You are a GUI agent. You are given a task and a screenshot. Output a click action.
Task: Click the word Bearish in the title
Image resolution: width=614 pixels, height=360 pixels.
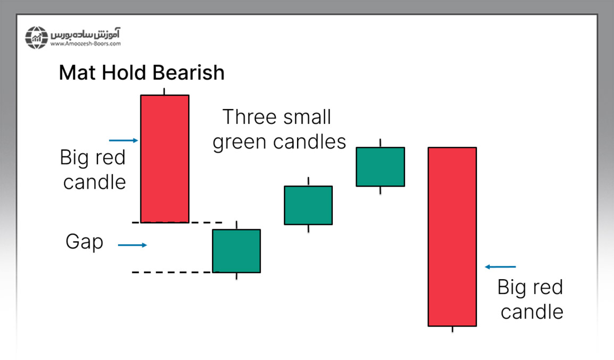[x=188, y=72]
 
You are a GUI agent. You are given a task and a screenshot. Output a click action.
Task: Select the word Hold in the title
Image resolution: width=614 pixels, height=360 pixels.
[x=124, y=72]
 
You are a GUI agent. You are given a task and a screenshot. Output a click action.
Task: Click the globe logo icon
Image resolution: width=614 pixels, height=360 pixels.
[x=37, y=38]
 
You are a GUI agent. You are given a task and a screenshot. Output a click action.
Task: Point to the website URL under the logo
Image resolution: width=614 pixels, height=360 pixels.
[x=86, y=44]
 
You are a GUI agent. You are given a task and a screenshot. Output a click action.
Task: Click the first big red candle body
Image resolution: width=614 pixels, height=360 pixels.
[x=165, y=158]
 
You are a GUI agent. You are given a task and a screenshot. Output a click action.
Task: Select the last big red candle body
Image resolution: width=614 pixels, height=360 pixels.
[x=452, y=237]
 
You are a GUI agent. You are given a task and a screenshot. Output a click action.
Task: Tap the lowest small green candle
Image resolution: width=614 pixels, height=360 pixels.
[x=237, y=250]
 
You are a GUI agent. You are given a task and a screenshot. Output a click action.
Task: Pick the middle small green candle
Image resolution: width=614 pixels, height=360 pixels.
[x=308, y=205]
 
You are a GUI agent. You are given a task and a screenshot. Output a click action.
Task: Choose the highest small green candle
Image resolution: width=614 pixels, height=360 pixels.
[x=380, y=166]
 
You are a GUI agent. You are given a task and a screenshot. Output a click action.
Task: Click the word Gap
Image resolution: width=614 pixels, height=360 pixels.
[x=85, y=242]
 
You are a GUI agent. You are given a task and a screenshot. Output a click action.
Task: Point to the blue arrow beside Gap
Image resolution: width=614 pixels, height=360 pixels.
[x=132, y=245]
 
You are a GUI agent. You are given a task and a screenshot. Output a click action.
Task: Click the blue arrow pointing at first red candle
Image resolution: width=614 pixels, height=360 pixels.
[x=124, y=140]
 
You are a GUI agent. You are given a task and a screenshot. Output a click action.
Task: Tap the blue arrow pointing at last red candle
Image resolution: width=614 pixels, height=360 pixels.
[x=500, y=267]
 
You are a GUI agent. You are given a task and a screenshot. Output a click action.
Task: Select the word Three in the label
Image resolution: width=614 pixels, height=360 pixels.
[x=249, y=117]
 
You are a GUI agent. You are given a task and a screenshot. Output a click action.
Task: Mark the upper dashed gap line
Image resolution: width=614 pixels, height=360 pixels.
[x=177, y=222]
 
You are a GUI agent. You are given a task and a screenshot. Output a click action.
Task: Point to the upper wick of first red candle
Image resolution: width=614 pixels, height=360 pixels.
[x=164, y=91]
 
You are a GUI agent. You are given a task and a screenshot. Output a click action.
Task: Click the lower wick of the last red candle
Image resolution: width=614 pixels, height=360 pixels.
[x=452, y=330]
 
